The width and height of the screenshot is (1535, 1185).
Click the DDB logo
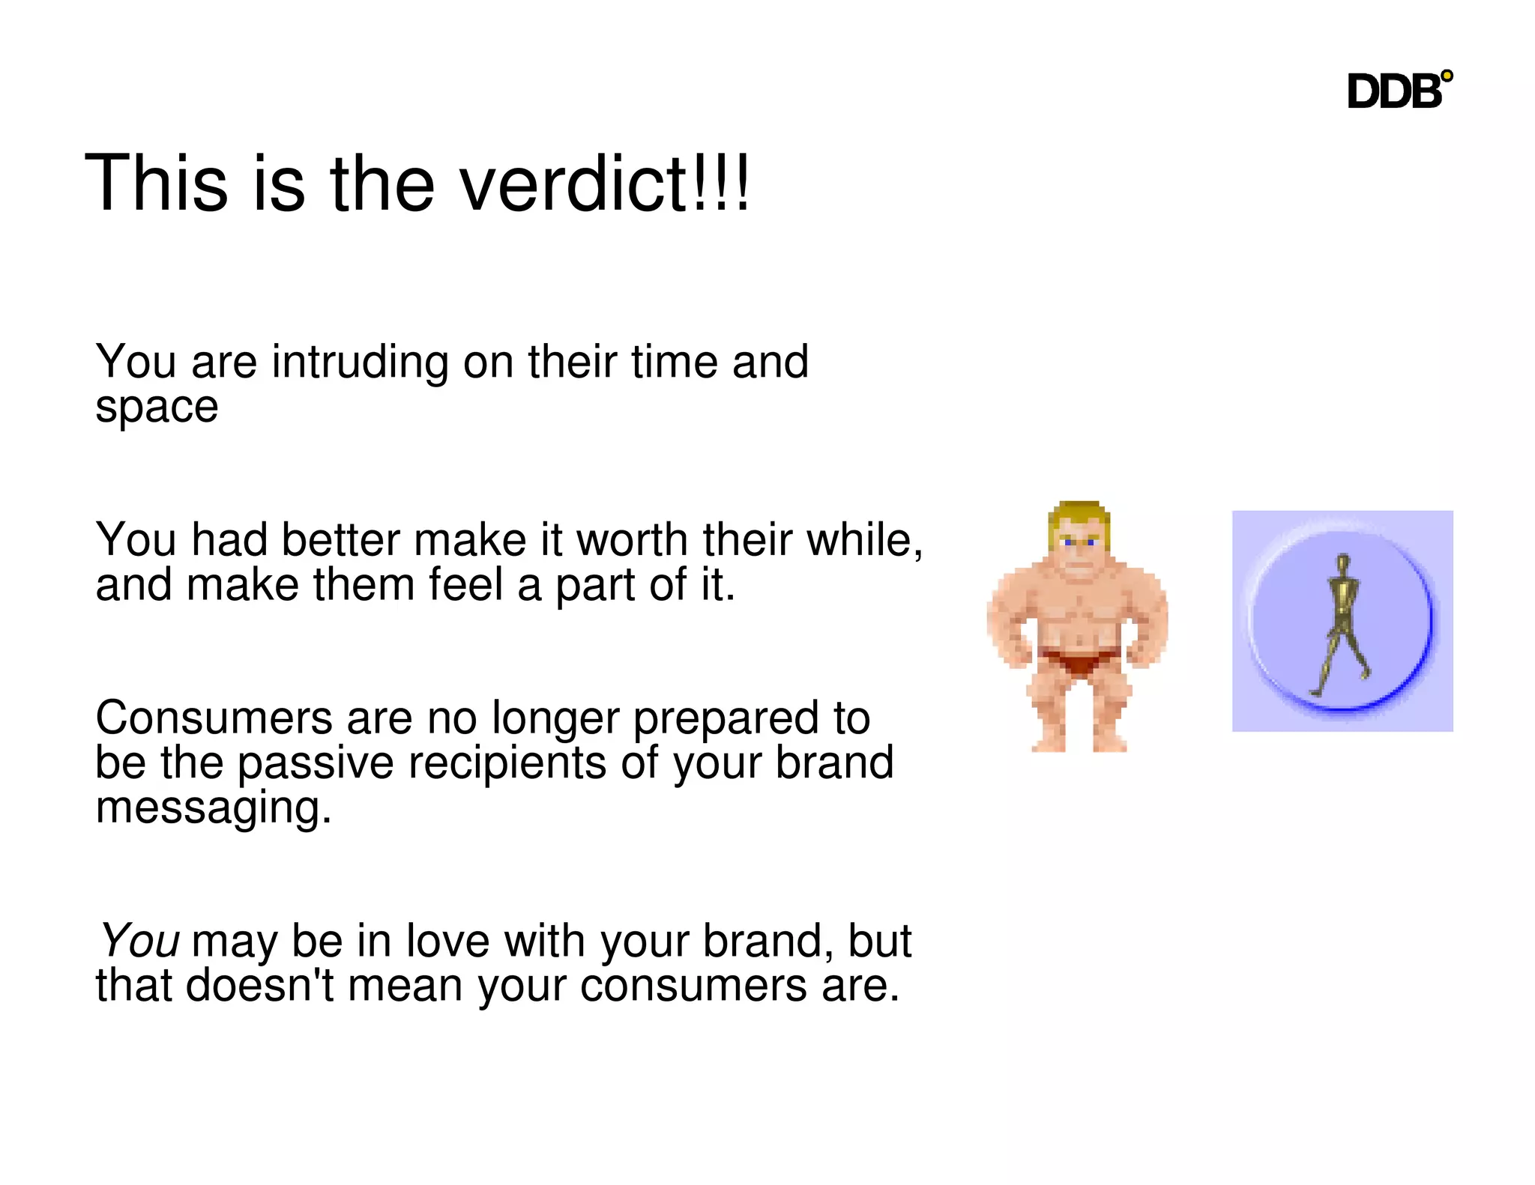1396,91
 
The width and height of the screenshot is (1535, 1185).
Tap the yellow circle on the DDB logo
1447,76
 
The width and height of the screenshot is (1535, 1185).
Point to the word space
157,408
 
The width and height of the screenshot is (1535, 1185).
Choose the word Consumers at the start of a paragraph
214,718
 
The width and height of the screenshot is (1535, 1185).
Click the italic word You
140,940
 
